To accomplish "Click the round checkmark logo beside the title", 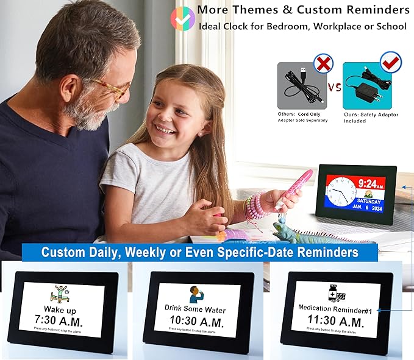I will click(x=182, y=18).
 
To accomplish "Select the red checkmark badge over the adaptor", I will click(x=390, y=62).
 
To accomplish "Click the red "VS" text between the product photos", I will click(x=334, y=87).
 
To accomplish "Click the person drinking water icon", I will click(x=196, y=295).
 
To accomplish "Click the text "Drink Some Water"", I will click(x=196, y=308).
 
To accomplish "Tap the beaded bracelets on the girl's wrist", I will click(x=257, y=205).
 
